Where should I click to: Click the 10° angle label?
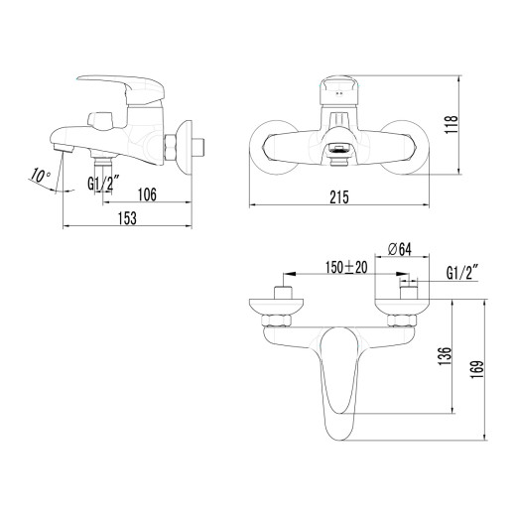[41, 176]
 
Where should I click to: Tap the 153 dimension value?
[129, 219]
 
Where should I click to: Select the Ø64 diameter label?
[401, 247]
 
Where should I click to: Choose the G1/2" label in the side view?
[102, 184]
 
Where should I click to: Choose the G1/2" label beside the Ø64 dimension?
[461, 270]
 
